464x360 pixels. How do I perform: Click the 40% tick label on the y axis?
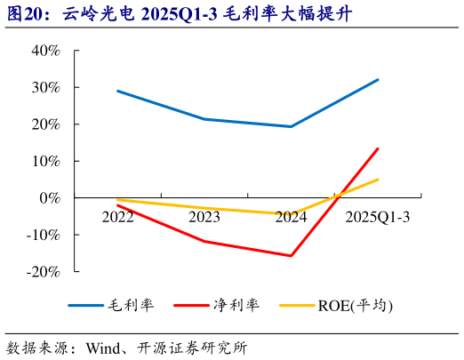tap(45, 51)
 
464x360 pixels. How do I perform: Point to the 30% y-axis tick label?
tap(45, 87)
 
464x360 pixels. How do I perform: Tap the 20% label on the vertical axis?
tap(45, 124)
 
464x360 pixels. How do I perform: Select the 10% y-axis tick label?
tap(45, 161)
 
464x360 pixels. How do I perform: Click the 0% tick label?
tap(50, 197)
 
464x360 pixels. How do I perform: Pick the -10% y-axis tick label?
tap(44, 235)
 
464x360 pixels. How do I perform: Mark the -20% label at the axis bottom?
tap(44, 271)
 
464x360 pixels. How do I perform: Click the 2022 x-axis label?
tap(117, 216)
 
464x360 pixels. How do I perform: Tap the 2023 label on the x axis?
tap(204, 216)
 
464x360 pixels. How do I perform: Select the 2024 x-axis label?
tap(291, 216)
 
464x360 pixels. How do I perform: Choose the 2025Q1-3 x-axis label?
tap(378, 216)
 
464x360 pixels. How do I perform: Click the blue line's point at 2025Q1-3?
tap(378, 80)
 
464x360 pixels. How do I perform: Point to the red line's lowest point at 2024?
tap(291, 256)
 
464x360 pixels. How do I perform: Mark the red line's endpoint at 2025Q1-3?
tap(378, 148)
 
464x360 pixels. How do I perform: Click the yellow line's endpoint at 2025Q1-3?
tap(378, 180)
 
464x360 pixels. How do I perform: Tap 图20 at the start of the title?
tap(21, 12)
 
